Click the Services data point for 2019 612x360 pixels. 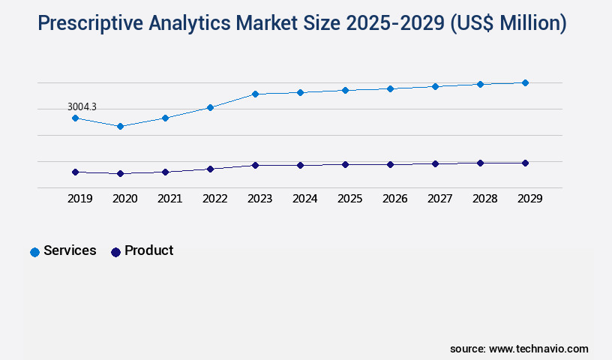pyautogui.click(x=75, y=118)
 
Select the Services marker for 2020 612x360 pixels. pyautogui.click(x=120, y=126)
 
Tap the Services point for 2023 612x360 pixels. pyautogui.click(x=255, y=94)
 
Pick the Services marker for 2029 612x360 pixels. pyautogui.click(x=525, y=82)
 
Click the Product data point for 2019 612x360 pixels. pyautogui.click(x=75, y=172)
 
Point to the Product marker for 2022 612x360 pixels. pyautogui.click(x=210, y=169)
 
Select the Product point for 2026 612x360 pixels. pyautogui.click(x=390, y=164)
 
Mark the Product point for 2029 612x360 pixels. pyautogui.click(x=525, y=163)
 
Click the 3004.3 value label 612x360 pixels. pyautogui.click(x=82, y=107)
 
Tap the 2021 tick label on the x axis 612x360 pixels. pyautogui.click(x=169, y=199)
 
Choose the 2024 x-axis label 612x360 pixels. pyautogui.click(x=304, y=199)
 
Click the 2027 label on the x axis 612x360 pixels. pyautogui.click(x=439, y=199)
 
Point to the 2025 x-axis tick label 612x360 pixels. pyautogui.click(x=349, y=199)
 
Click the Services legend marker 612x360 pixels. pyautogui.click(x=34, y=252)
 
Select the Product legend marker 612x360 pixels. pyautogui.click(x=115, y=252)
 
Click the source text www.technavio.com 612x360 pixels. pyautogui.click(x=538, y=349)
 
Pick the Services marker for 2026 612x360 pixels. pyautogui.click(x=390, y=88)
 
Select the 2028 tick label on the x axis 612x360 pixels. pyautogui.click(x=484, y=199)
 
